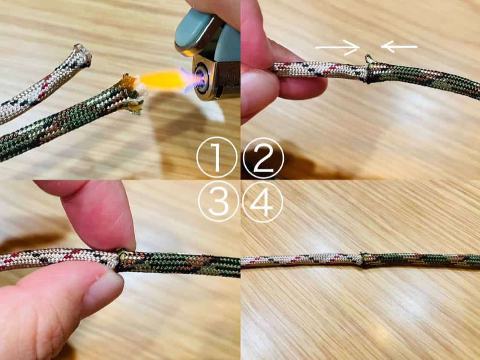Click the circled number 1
pos(217,157)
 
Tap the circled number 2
pos(263,158)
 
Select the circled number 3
pos(218,201)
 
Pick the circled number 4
pos(262,201)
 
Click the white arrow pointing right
pos(337,47)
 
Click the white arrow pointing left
pos(399,46)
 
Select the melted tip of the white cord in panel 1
pos(82,55)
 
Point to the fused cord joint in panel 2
pos(368,70)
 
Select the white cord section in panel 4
pos(302,260)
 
